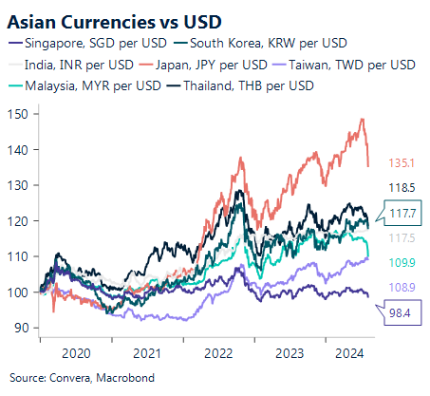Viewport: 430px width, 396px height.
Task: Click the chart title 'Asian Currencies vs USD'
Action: click(104, 20)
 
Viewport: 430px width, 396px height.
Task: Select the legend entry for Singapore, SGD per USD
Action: click(90, 44)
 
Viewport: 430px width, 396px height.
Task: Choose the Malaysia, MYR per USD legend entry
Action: click(84, 85)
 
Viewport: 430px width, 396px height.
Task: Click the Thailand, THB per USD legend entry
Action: click(238, 85)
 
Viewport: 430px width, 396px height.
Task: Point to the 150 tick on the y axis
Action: click(25, 113)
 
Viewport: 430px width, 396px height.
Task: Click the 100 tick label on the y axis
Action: click(25, 292)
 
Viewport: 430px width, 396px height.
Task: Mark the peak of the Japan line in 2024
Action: click(363, 119)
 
